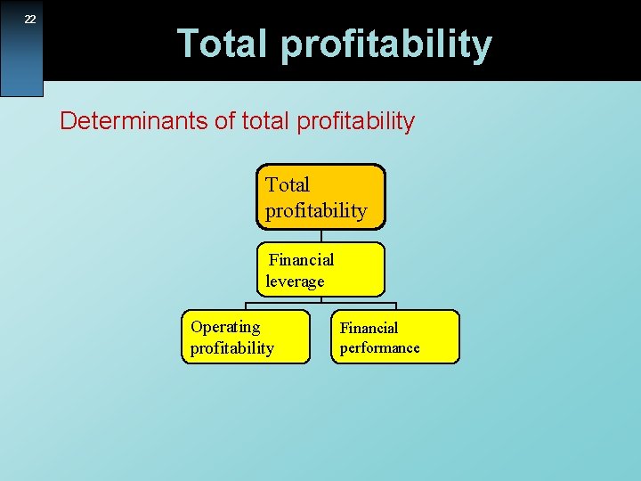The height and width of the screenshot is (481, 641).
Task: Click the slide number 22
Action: coord(29,20)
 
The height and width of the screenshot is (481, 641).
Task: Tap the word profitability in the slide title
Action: coord(387,45)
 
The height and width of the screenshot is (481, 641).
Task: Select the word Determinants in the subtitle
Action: coord(134,121)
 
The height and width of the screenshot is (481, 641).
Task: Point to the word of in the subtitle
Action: coord(225,121)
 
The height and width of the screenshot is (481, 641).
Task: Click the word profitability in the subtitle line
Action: coord(358,122)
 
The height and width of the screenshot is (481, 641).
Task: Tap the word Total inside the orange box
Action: coord(288,185)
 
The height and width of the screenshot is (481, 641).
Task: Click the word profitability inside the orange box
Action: coord(315,211)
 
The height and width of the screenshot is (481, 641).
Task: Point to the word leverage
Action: coord(295,281)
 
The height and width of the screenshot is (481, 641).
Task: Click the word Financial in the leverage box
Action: coord(301,260)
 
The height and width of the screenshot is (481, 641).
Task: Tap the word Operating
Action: coord(225,327)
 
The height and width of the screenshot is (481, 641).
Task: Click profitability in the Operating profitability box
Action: coord(231,348)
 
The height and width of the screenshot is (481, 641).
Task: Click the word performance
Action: coord(379,348)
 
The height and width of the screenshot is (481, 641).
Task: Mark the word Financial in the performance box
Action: coord(369,328)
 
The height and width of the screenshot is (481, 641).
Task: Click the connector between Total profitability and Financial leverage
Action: coord(320,236)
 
